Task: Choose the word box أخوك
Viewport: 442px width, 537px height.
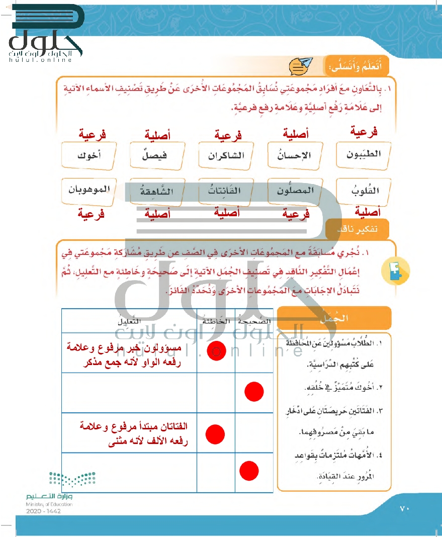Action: coord(89,155)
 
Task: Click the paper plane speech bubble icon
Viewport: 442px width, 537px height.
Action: coord(300,65)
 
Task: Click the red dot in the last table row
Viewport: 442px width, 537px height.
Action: coord(249,471)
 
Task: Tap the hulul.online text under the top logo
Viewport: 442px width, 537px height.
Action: coord(41,60)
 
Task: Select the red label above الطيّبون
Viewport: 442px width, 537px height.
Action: coord(364,132)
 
